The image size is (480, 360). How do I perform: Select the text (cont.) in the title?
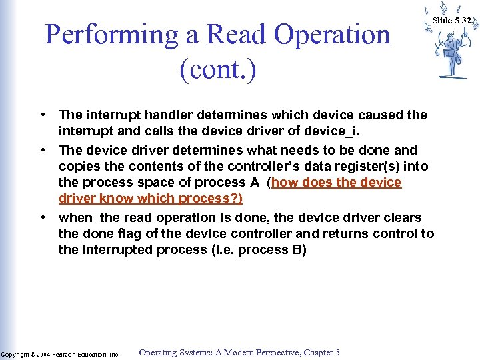point(217,69)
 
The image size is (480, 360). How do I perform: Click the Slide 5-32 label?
point(452,20)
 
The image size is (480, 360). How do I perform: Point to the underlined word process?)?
point(211,199)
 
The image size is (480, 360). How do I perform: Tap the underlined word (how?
point(286,183)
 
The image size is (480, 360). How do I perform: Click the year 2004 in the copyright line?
point(43,354)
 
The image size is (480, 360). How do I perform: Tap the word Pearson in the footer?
point(65,354)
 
